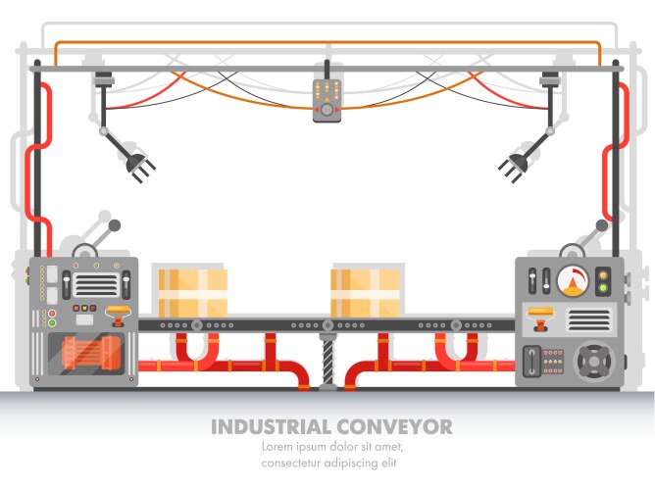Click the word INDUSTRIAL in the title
click(x=272, y=427)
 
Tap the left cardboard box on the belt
click(x=193, y=292)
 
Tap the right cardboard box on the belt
click(x=366, y=292)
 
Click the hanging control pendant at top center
click(x=327, y=99)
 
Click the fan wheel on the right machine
click(x=594, y=361)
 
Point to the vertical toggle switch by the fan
click(x=533, y=362)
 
